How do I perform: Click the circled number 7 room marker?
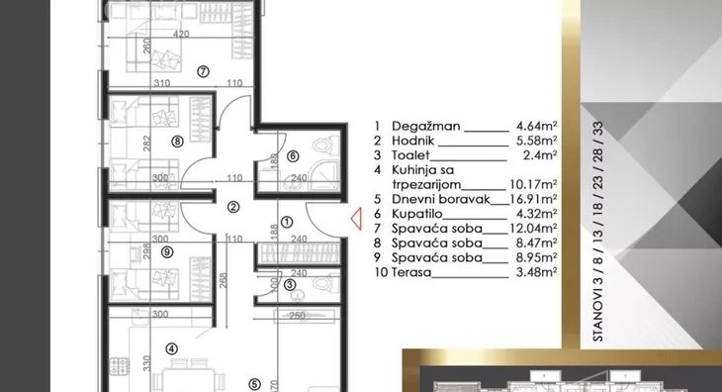tap(203, 71)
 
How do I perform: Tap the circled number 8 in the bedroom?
tap(177, 142)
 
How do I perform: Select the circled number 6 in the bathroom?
tap(293, 156)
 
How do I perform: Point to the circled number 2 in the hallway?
tap(233, 207)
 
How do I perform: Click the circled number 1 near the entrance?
tap(287, 222)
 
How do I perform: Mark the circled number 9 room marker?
tap(167, 252)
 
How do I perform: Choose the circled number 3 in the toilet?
tap(290, 285)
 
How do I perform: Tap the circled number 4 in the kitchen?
tap(172, 348)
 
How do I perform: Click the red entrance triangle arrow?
tap(356, 219)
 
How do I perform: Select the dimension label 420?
tap(181, 34)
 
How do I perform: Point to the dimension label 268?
tap(223, 281)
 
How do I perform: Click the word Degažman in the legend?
tap(426, 127)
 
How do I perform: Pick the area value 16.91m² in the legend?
tap(534, 199)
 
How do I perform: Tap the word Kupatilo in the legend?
tap(416, 214)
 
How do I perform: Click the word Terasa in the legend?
tap(411, 272)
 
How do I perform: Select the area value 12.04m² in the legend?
tap(534, 229)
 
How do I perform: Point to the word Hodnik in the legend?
tap(413, 141)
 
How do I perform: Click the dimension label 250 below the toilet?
tap(298, 316)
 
